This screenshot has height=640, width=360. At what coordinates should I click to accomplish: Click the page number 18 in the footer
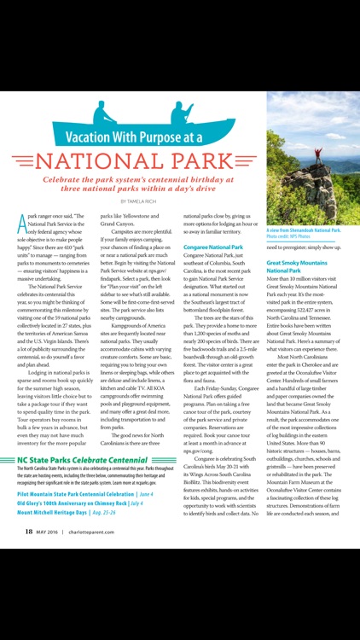pos(28,625)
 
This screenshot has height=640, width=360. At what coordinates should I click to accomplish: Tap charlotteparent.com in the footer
pos(91,625)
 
